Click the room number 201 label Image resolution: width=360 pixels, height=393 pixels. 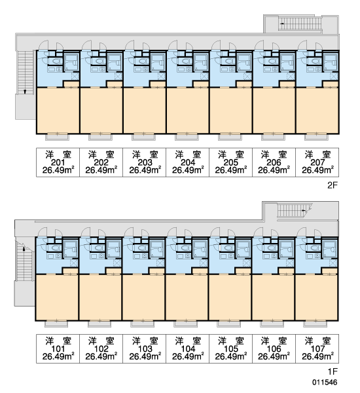point(58,162)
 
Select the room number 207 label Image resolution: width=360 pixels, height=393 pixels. point(317,162)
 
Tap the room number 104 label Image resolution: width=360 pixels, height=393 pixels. point(188,348)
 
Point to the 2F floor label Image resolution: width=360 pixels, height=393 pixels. point(333,185)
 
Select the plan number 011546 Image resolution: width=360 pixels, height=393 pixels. point(325,383)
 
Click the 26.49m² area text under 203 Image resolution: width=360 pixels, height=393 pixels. point(145,170)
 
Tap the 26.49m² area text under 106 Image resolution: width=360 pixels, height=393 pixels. point(274,356)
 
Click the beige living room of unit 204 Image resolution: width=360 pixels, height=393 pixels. point(188,110)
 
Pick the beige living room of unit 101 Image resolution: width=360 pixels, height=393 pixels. point(57,297)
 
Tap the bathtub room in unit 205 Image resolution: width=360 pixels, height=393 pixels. point(244,62)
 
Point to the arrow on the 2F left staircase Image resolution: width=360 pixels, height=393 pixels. point(25,92)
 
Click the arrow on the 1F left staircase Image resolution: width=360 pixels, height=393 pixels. point(24,249)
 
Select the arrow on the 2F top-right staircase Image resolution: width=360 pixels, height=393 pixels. point(282,24)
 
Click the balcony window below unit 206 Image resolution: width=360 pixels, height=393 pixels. point(274,137)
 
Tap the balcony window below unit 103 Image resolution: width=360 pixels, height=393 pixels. point(142,324)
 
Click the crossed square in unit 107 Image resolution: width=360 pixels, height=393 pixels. point(333,263)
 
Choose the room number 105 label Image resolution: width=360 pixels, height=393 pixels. point(231,348)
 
